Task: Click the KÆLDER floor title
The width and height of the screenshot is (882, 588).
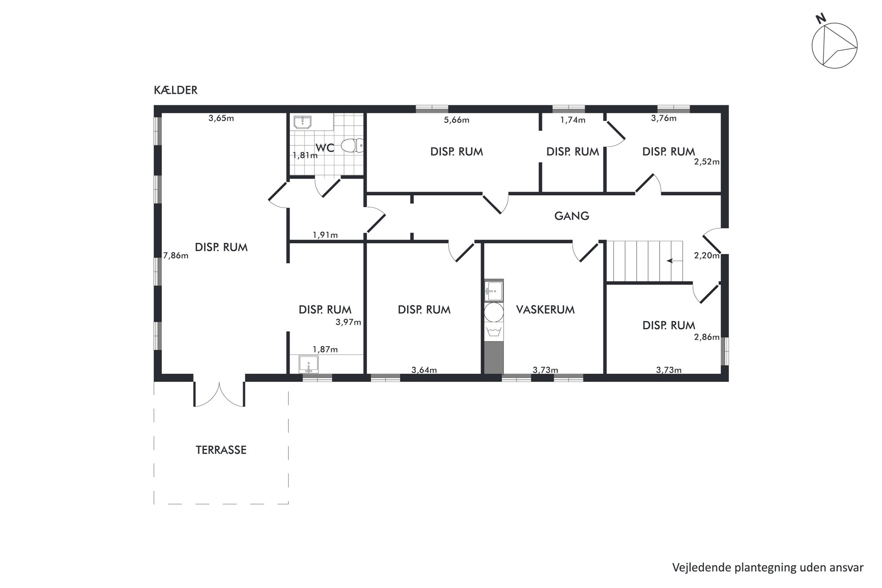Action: coord(176,90)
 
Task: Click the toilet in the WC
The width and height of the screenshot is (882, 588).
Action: coord(353,145)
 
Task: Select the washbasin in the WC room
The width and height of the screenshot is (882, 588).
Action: coord(302,122)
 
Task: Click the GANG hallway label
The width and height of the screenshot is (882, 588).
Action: coord(572,216)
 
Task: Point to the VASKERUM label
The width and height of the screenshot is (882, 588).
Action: coord(545,310)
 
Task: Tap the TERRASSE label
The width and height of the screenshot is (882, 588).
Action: coord(221,450)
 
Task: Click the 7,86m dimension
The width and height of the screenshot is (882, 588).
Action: coord(176,256)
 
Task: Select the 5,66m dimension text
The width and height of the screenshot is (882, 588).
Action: coord(457,120)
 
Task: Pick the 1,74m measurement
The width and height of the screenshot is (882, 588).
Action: coord(573,120)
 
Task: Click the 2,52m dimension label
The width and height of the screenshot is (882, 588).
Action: coord(707,162)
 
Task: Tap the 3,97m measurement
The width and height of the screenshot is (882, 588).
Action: coord(348,323)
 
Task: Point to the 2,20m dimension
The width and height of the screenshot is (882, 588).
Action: coord(707,256)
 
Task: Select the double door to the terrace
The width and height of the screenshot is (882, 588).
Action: coord(219,395)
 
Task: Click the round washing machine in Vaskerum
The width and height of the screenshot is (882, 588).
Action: coord(493,312)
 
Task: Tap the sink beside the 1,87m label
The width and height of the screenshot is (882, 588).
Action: coord(308,364)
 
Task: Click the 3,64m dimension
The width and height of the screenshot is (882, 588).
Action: coord(424,370)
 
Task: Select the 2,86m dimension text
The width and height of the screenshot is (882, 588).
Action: coord(707,337)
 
